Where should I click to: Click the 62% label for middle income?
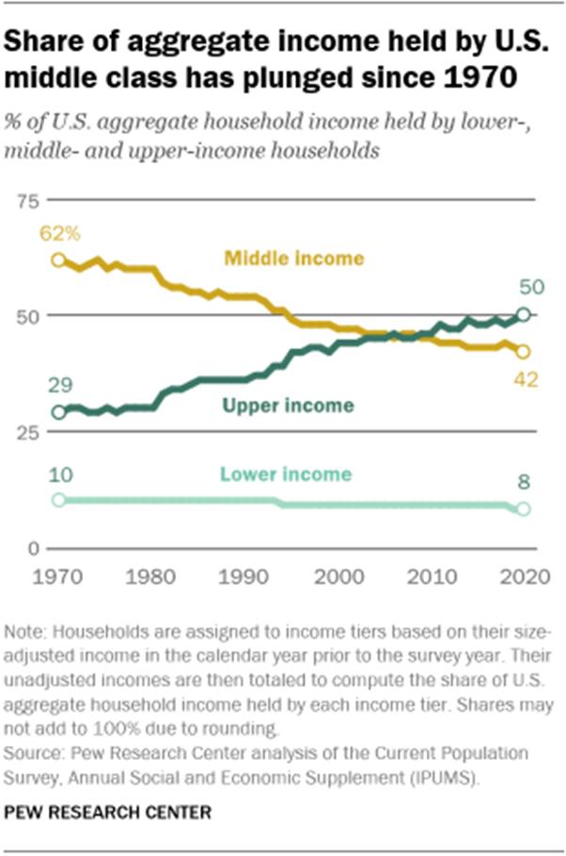click(58, 234)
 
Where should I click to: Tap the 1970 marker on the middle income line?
click(58, 260)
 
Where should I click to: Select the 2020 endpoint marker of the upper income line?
click(525, 314)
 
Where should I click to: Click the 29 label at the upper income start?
click(58, 386)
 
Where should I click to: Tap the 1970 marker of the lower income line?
click(58, 499)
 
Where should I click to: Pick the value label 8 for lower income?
click(525, 483)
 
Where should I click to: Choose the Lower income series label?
click(286, 474)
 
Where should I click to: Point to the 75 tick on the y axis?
click(29, 199)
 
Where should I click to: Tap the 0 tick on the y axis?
click(31, 547)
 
